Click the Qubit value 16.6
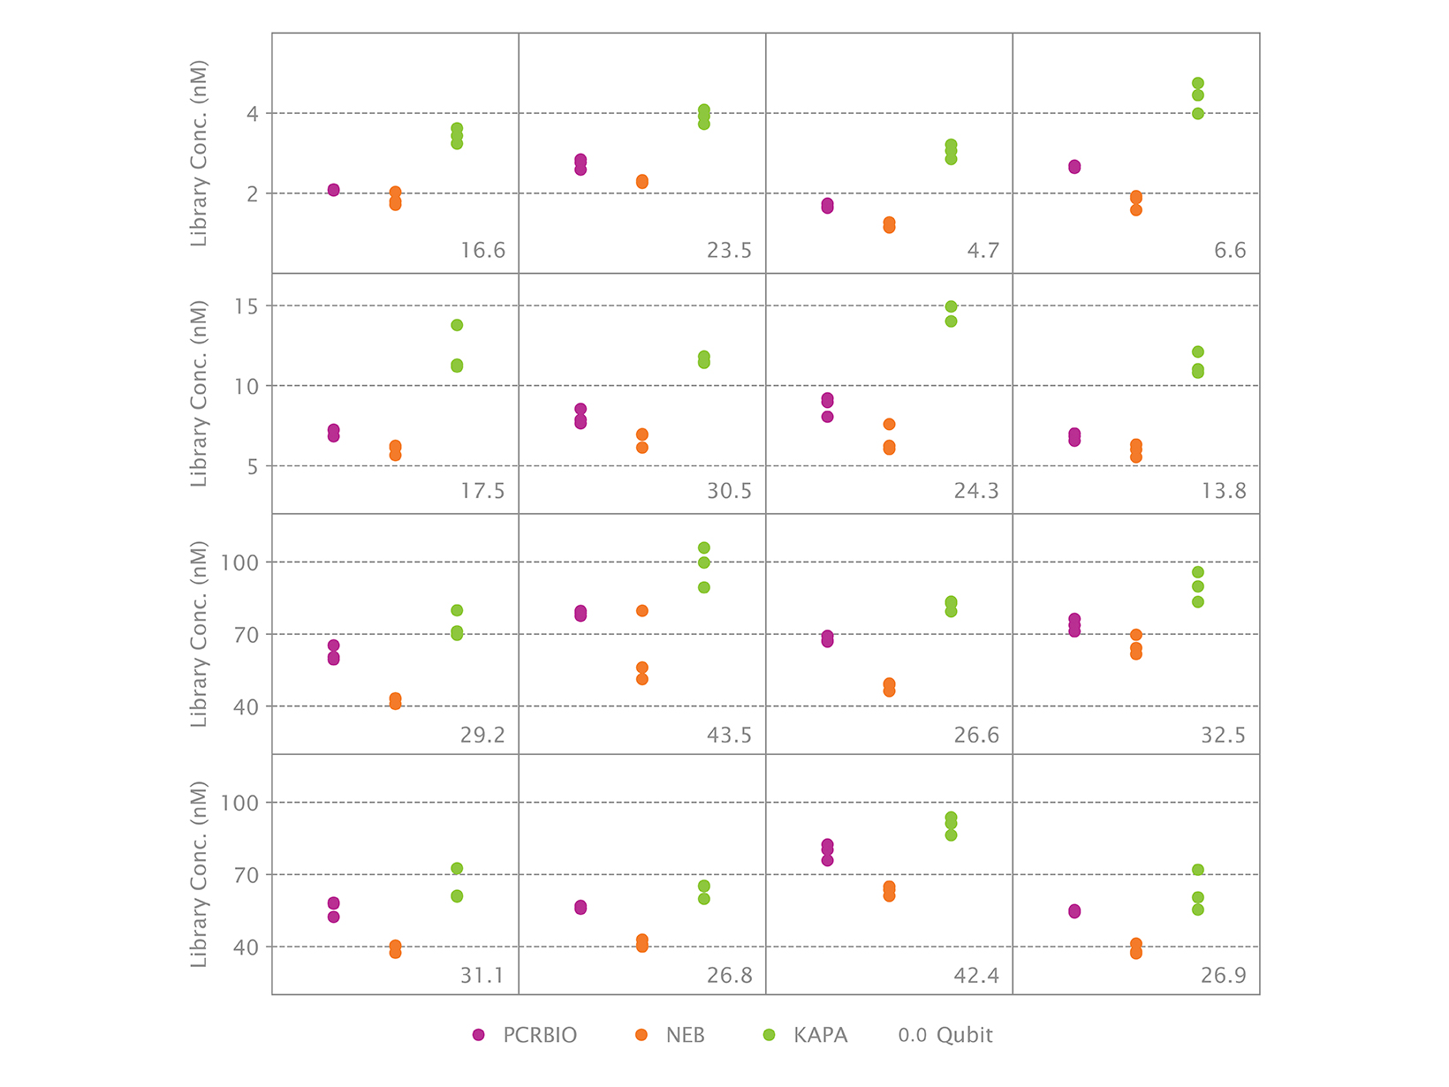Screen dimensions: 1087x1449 (482, 251)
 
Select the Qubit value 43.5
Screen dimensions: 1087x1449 (729, 736)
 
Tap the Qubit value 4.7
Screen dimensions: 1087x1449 (982, 251)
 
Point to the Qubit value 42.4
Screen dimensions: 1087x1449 (975, 976)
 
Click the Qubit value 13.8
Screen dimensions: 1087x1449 (1223, 492)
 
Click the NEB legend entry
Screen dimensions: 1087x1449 (670, 1035)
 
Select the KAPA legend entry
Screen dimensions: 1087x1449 (804, 1035)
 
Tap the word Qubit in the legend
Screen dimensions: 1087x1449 (964, 1035)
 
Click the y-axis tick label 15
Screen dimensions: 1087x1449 (247, 306)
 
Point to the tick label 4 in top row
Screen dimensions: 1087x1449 (253, 114)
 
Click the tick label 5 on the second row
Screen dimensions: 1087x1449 (253, 466)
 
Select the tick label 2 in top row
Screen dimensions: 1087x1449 (253, 193)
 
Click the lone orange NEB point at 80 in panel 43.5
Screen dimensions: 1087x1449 (642, 611)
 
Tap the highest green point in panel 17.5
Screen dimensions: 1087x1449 (457, 325)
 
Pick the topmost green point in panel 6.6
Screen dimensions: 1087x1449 (1198, 83)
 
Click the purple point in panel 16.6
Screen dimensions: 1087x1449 (333, 190)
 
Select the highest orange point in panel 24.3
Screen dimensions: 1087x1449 (889, 425)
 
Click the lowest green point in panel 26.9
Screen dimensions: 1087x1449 (1198, 910)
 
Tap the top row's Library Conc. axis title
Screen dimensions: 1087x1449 (199, 154)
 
